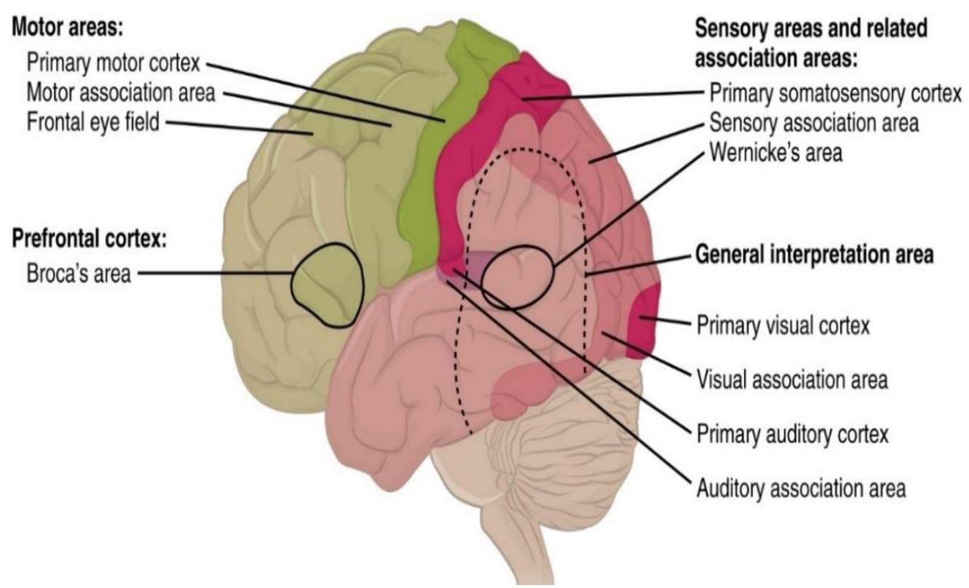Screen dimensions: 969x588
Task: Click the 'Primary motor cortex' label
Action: tap(114, 63)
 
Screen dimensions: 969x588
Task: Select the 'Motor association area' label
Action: tap(121, 92)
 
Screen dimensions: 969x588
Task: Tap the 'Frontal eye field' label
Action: tap(93, 122)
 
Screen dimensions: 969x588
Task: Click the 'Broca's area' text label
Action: tap(79, 274)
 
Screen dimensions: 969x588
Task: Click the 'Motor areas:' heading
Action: tap(68, 28)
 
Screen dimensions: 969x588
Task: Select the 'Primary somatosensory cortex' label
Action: tap(835, 94)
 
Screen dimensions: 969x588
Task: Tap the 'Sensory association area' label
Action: tap(814, 123)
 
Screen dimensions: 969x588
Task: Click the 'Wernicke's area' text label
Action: tap(776, 153)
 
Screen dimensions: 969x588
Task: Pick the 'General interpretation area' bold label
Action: tap(815, 255)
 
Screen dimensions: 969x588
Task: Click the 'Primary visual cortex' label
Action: tap(783, 325)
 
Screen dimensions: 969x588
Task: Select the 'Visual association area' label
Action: tap(792, 380)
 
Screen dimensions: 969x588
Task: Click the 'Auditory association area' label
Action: tap(801, 489)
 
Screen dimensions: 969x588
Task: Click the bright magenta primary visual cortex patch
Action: tap(644, 322)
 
